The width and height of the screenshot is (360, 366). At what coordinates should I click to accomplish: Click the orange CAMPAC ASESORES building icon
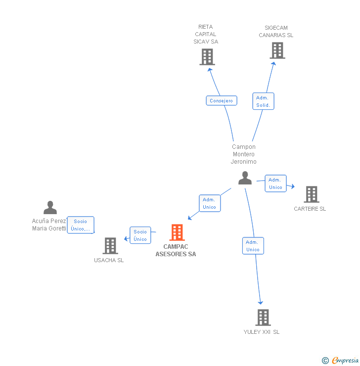177,232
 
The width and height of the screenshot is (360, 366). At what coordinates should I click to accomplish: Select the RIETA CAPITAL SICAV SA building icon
207,57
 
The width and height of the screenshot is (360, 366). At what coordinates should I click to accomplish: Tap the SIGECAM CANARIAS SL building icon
277,50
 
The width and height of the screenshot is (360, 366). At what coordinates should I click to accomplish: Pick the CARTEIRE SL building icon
311,194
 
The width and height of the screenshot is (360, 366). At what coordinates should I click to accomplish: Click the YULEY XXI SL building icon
263,318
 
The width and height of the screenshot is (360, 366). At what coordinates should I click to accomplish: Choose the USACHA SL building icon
110,246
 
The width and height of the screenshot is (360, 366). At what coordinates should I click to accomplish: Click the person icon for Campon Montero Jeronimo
245,178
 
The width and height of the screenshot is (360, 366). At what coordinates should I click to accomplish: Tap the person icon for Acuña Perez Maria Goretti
50,208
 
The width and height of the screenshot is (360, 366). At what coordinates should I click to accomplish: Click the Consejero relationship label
221,101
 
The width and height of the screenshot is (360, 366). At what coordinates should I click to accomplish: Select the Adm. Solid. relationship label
263,101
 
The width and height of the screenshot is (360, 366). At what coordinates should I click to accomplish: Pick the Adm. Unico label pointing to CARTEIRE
275,183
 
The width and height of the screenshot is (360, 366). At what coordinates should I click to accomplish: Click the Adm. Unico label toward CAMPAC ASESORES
209,203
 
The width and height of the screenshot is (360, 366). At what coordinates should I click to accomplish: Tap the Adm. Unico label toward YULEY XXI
253,246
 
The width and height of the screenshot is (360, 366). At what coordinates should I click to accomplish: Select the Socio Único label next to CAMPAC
140,235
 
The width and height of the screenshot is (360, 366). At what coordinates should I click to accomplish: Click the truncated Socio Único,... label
80,225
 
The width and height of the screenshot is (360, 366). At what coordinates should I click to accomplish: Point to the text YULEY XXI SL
261,332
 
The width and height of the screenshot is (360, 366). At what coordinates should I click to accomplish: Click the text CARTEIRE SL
310,209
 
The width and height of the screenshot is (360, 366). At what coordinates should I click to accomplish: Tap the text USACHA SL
109,260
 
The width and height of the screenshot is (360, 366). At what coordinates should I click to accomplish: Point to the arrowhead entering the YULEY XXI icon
261,303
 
